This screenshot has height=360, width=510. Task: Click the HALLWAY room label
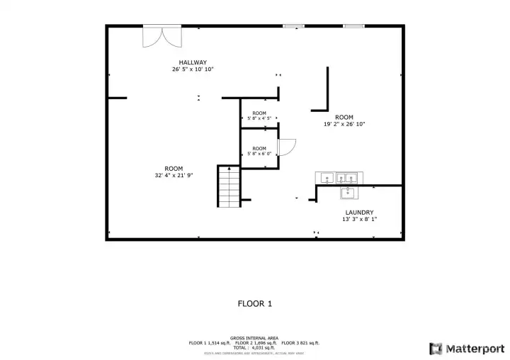(x=192, y=62)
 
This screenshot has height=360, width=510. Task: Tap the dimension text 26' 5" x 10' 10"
(x=192, y=69)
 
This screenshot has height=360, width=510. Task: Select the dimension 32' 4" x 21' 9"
(x=174, y=175)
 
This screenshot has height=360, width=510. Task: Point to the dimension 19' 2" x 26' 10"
(x=344, y=124)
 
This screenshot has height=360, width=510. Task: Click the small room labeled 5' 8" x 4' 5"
(x=259, y=116)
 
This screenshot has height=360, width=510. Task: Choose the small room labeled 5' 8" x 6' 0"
(x=259, y=151)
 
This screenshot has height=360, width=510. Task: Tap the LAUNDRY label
(x=359, y=212)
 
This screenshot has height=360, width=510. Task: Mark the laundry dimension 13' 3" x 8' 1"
(x=359, y=219)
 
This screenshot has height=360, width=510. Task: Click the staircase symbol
(x=229, y=187)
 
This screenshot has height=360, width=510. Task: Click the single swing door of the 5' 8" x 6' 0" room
(x=286, y=147)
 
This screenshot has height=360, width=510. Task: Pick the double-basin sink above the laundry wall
(x=346, y=178)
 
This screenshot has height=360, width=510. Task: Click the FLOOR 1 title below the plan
(x=254, y=303)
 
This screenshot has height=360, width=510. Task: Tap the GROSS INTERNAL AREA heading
(x=254, y=338)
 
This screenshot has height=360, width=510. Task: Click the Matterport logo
(x=465, y=348)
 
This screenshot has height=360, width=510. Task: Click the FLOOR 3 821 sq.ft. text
(x=300, y=342)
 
